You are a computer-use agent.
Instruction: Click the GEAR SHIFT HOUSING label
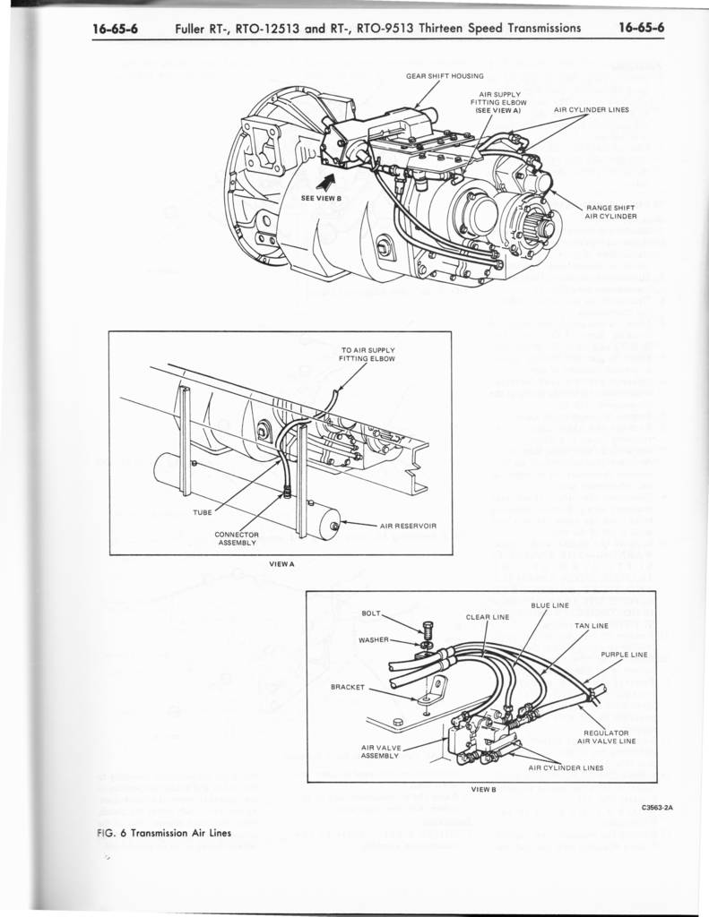click(445, 76)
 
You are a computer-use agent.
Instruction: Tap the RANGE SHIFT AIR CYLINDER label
click(610, 212)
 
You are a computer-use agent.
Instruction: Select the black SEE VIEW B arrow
click(324, 181)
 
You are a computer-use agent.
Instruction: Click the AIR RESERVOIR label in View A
click(408, 526)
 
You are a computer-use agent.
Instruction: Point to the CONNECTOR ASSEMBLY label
click(237, 538)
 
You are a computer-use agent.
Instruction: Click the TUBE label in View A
click(203, 513)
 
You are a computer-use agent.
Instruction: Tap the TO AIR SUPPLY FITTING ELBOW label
click(367, 355)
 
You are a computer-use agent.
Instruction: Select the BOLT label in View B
click(371, 613)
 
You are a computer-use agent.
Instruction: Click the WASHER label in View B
click(374, 639)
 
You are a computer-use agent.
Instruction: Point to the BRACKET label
click(348, 687)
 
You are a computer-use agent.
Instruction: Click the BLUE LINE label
click(549, 606)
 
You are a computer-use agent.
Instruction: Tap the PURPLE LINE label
click(624, 655)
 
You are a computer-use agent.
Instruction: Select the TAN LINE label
click(592, 626)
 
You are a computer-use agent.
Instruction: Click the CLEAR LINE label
click(488, 617)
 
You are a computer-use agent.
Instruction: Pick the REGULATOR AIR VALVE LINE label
click(607, 737)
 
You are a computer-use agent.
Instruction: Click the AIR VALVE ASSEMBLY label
click(381, 751)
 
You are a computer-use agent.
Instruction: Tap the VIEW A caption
click(281, 564)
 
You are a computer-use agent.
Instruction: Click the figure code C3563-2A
click(659, 809)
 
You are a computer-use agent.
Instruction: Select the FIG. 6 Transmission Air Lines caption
click(165, 833)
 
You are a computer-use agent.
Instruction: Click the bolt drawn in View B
click(428, 630)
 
